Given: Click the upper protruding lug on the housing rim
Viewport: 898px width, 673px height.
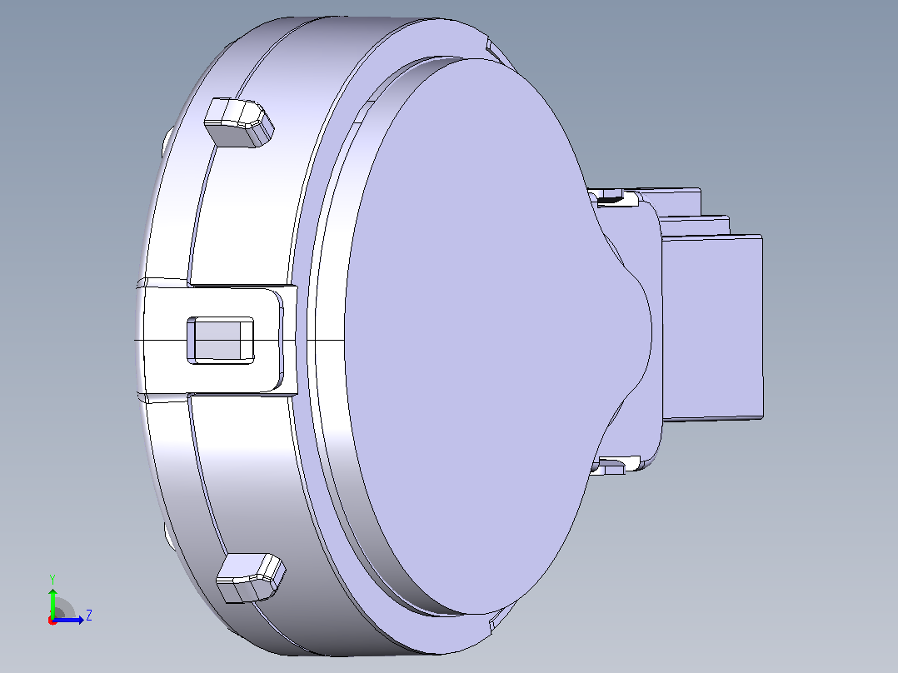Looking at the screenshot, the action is pyautogui.click(x=239, y=122).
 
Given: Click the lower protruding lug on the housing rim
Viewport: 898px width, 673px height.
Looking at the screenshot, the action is pyautogui.click(x=251, y=577).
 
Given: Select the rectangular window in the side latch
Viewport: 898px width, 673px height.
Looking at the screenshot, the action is pyautogui.click(x=221, y=340).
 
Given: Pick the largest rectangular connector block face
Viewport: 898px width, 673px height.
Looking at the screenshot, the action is pyautogui.click(x=712, y=327).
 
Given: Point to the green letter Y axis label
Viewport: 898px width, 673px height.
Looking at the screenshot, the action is pyautogui.click(x=52, y=579).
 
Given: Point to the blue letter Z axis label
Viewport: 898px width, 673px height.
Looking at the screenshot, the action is pyautogui.click(x=89, y=616).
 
